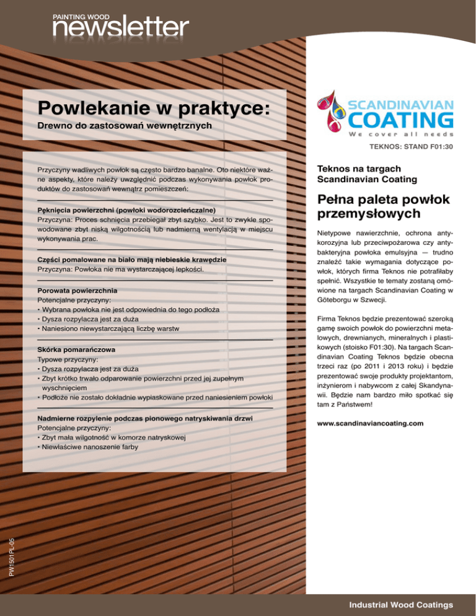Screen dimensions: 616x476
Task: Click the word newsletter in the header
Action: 120,28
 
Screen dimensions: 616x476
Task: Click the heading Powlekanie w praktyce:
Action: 153,108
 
